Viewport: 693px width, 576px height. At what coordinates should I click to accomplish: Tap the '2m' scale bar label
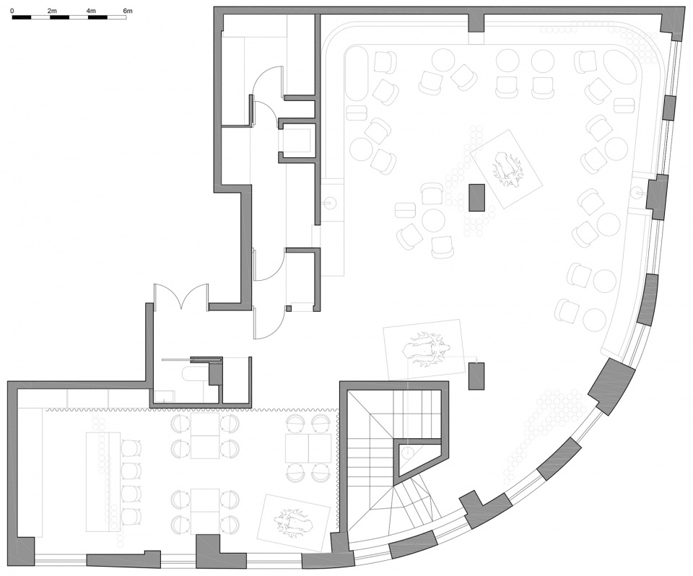tap(51, 10)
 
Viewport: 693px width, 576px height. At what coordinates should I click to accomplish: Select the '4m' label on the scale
tap(90, 10)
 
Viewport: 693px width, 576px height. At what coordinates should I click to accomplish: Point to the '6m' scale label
tap(128, 10)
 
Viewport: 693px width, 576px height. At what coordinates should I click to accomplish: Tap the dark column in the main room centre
tap(477, 197)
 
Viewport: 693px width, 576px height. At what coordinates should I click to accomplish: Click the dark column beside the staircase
tap(476, 376)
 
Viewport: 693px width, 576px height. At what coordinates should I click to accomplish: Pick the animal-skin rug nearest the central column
tap(507, 168)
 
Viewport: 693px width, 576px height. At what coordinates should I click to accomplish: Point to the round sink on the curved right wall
tap(638, 192)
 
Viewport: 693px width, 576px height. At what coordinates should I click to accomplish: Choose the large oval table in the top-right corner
tap(617, 69)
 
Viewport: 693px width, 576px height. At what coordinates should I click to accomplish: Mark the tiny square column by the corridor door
tap(289, 308)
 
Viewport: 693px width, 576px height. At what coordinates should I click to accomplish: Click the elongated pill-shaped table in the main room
tap(357, 75)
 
